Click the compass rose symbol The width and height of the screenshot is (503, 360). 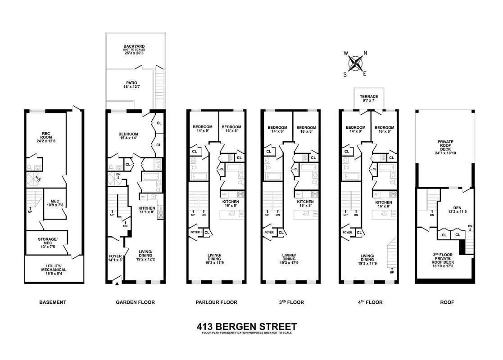(356, 63)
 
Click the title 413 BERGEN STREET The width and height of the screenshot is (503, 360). (247, 326)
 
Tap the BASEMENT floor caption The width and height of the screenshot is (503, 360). (53, 302)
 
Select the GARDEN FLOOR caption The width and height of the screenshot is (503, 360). (135, 302)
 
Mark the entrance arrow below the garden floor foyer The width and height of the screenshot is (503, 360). (118, 283)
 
